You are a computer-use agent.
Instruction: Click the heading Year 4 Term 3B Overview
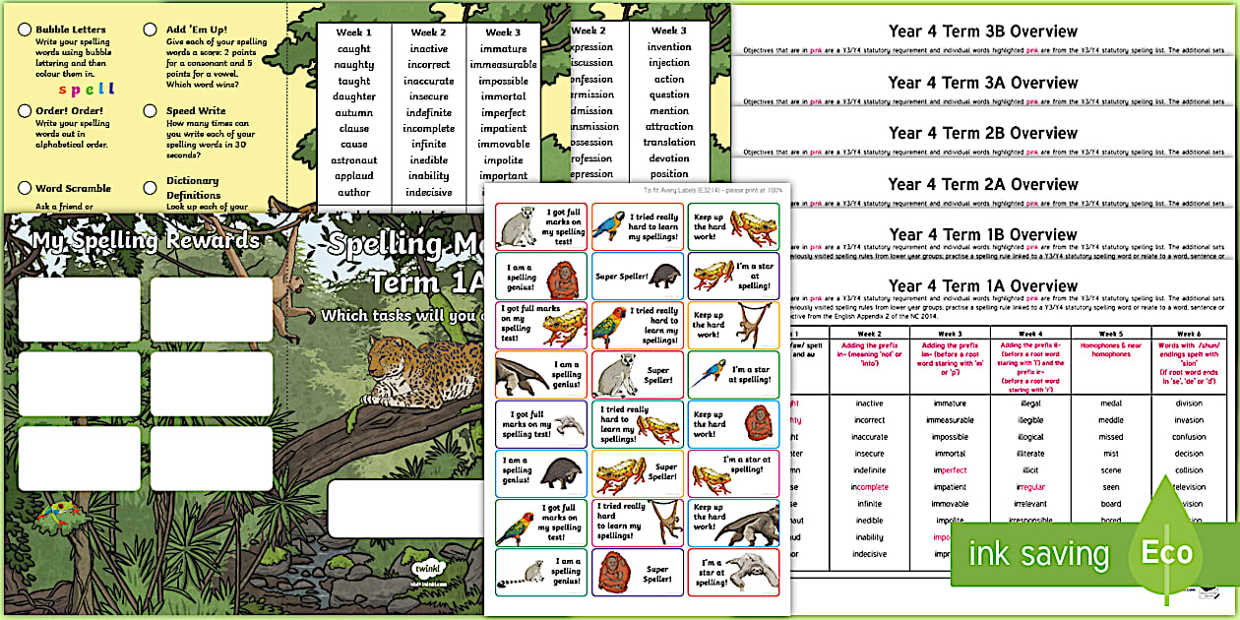(x=982, y=31)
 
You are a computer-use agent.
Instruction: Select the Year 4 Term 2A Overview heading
(x=982, y=184)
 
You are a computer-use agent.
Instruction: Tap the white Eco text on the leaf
(x=1166, y=552)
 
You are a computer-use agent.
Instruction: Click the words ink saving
(x=1038, y=554)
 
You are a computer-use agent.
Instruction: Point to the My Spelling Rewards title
(x=146, y=241)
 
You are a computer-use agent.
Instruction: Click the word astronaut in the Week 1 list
(x=353, y=160)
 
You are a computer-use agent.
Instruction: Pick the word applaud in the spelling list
(x=353, y=176)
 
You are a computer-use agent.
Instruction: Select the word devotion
(x=669, y=158)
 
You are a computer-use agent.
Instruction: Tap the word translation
(x=669, y=143)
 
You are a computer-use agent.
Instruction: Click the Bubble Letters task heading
(x=73, y=31)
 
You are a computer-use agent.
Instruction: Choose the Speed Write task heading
(x=196, y=111)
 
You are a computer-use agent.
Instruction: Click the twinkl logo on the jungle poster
(x=424, y=568)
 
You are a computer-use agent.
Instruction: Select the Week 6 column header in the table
(x=1189, y=334)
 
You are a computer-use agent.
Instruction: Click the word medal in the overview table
(x=1110, y=403)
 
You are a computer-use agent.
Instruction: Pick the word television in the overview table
(x=1189, y=487)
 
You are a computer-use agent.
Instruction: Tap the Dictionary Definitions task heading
(x=193, y=188)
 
